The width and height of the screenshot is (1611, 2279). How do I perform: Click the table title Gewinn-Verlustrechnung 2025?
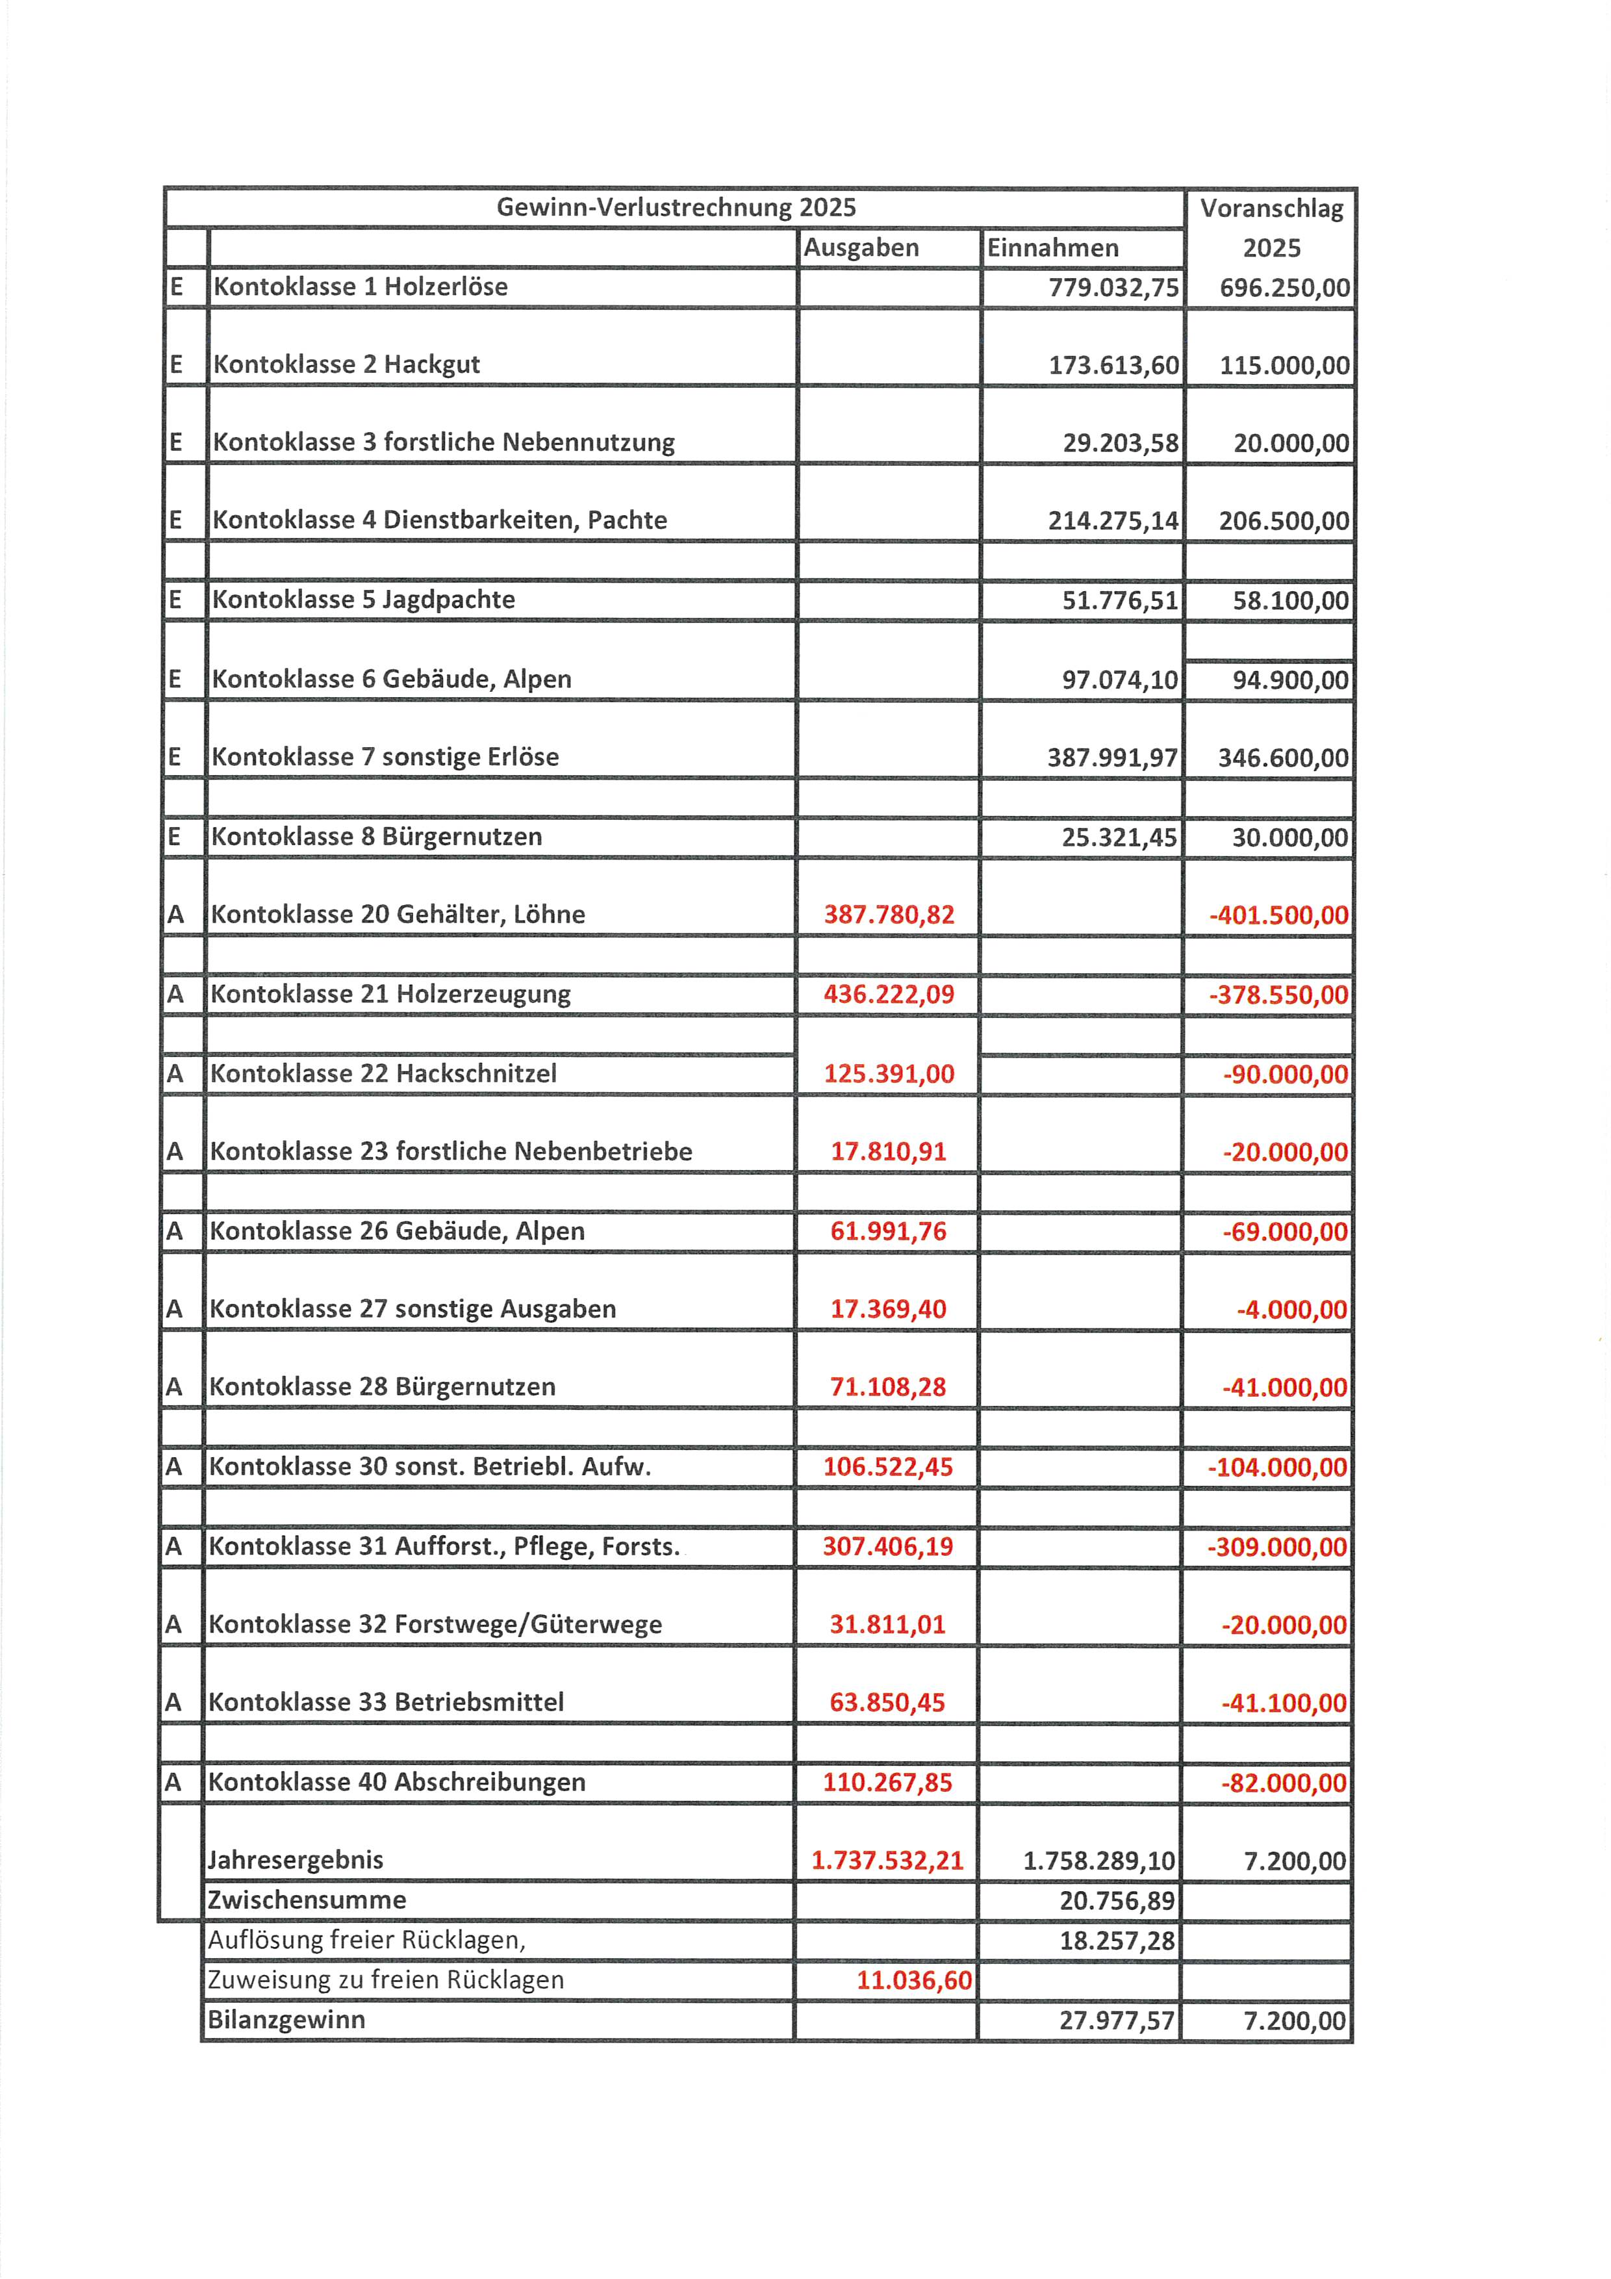click(676, 207)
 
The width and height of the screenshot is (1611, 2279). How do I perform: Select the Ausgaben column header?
click(861, 248)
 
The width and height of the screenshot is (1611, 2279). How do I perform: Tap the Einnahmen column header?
click(1052, 248)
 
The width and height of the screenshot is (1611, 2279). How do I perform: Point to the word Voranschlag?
click(1271, 209)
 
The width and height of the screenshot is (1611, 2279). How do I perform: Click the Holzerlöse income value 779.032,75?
click(1113, 288)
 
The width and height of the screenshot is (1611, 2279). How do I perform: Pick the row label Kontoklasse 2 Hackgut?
click(346, 364)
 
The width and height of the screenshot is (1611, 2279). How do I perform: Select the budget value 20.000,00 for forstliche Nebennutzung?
click(1290, 442)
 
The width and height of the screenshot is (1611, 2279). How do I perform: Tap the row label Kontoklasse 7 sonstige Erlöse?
click(385, 758)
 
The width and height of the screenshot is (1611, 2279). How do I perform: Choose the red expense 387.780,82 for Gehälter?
click(889, 914)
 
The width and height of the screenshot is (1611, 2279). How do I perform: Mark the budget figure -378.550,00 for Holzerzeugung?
click(1278, 995)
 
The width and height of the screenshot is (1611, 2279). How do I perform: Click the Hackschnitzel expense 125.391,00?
click(889, 1074)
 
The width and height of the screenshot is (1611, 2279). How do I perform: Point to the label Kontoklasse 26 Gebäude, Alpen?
click(397, 1231)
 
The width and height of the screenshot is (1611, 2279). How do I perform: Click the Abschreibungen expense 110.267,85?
click(887, 1782)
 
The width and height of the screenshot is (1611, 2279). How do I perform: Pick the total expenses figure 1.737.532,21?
click(887, 1860)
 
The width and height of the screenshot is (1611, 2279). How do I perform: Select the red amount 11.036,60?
click(913, 1980)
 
